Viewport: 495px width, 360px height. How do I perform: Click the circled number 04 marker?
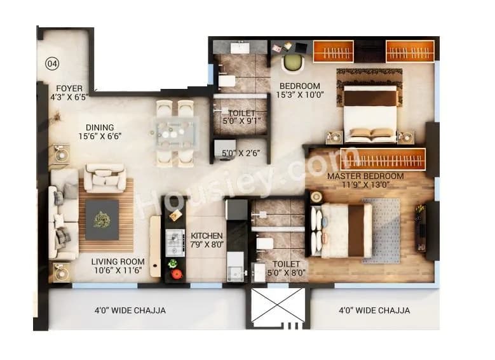(x=52, y=63)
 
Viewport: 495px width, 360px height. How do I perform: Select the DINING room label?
(x=100, y=127)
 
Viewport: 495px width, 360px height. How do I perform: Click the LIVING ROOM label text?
(x=117, y=261)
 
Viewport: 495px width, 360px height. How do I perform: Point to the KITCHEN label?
(x=207, y=236)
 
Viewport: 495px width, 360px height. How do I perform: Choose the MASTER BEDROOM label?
(x=365, y=176)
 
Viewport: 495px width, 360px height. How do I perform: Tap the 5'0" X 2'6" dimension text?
(x=241, y=152)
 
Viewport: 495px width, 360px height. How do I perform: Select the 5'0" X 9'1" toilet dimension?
(x=241, y=121)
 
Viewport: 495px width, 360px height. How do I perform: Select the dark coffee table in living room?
(x=102, y=220)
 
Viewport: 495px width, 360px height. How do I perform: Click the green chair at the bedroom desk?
(x=292, y=63)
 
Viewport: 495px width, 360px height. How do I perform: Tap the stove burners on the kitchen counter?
(x=175, y=241)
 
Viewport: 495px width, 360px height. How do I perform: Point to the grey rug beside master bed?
(x=381, y=230)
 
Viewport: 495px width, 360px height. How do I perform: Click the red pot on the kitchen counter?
(x=176, y=274)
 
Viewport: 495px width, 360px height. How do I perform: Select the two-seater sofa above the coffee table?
(x=105, y=178)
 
